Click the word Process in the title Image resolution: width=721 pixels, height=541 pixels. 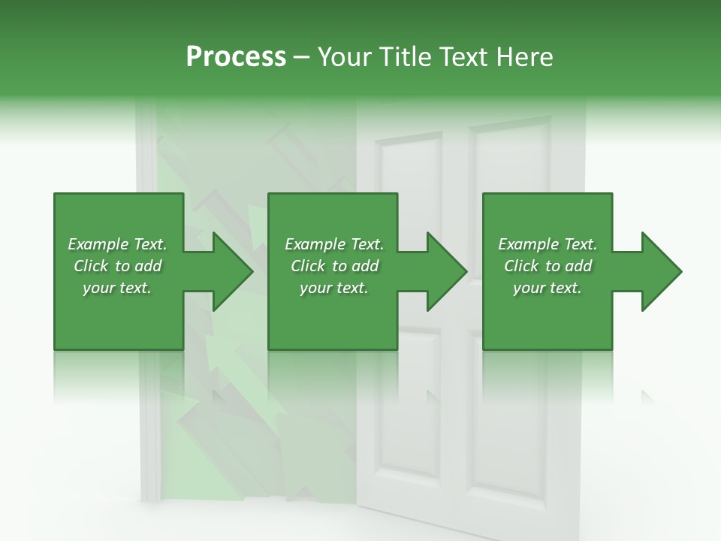(236, 57)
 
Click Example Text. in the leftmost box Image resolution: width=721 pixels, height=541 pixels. (117, 244)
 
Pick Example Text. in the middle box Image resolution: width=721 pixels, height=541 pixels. (334, 244)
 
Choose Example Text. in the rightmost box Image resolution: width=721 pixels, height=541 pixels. (548, 244)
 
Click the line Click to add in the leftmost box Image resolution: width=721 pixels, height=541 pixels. (117, 266)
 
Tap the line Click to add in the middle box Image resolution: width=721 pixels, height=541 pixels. (334, 266)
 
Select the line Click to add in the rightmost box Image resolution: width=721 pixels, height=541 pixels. (548, 266)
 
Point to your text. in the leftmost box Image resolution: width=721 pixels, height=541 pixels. (117, 288)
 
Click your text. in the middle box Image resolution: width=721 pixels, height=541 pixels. (334, 288)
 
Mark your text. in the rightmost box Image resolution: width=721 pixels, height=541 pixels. (548, 288)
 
